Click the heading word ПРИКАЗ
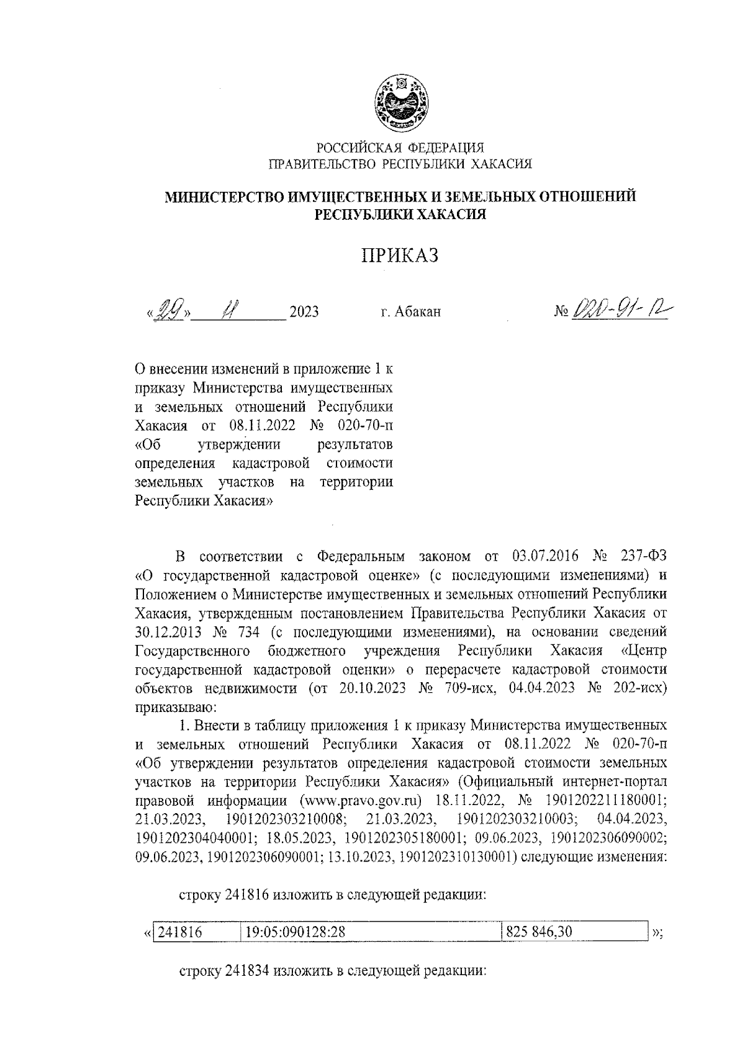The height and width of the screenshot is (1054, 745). pyautogui.click(x=400, y=256)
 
